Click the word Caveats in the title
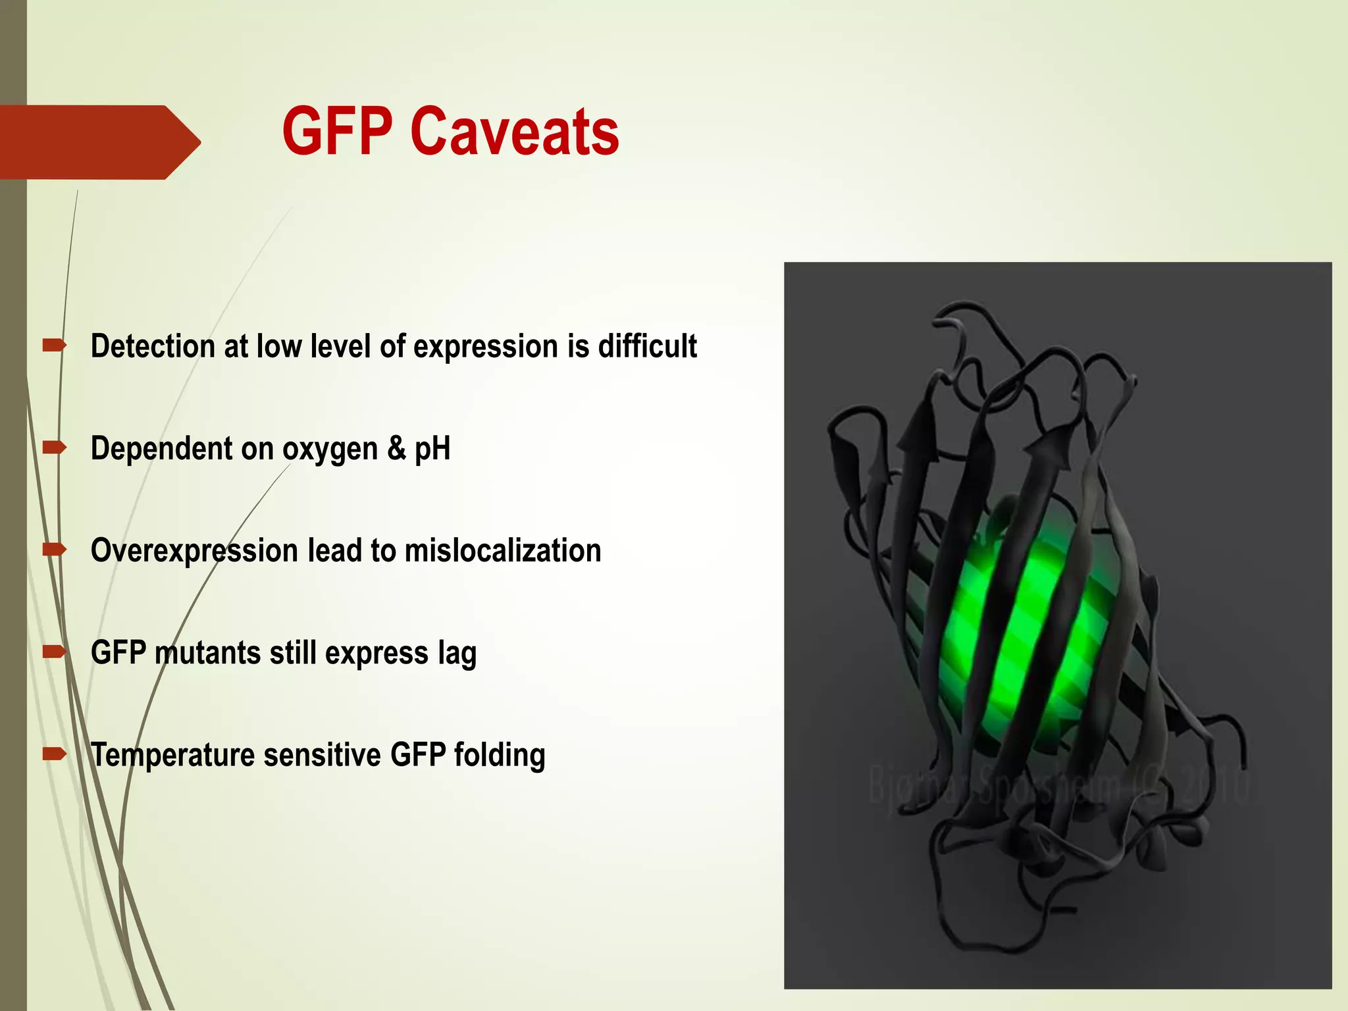tap(514, 132)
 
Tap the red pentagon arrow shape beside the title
tap(99, 142)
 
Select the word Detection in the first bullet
tap(153, 346)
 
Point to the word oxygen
tap(330, 450)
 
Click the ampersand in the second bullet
tap(396, 448)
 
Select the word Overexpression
tap(194, 552)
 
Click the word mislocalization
tap(503, 551)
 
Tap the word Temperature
tap(172, 756)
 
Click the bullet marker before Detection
tap(54, 345)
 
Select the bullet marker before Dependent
tap(54, 448)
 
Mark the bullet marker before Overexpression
tap(54, 550)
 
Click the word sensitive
tap(323, 756)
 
